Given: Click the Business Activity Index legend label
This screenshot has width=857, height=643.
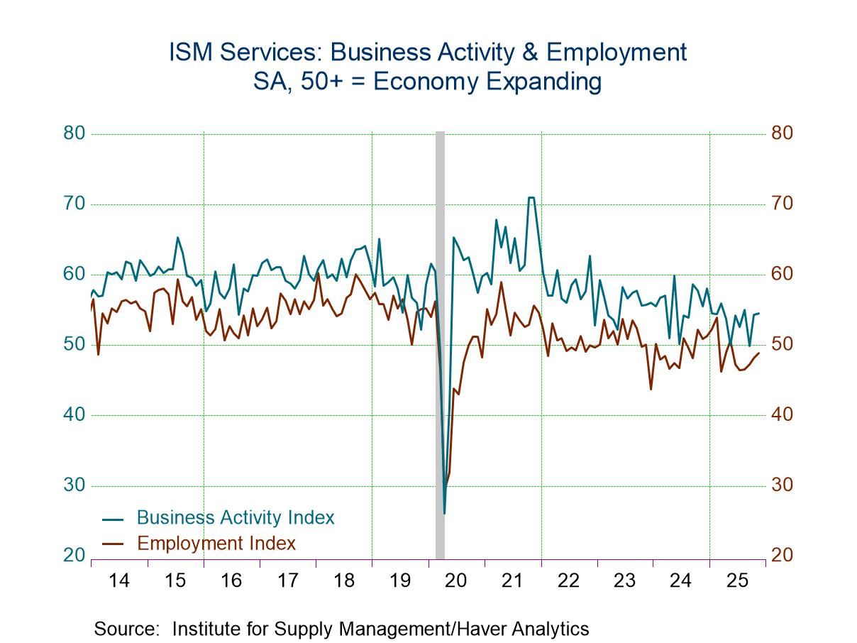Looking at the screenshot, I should click(x=235, y=517).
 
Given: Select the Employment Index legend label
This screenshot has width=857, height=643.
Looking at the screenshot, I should click(x=216, y=544).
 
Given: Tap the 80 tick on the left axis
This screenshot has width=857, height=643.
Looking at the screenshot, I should click(x=74, y=133).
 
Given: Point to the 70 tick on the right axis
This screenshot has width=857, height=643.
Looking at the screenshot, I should click(x=783, y=204).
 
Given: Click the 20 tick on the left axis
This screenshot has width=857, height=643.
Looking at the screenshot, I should click(x=74, y=556).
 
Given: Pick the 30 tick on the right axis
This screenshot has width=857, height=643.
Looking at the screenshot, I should click(x=783, y=485).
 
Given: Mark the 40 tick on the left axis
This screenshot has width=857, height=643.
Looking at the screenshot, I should click(x=74, y=415).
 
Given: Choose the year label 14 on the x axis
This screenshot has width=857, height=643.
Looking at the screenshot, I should click(x=119, y=581).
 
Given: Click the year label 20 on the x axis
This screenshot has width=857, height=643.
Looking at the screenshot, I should click(x=456, y=581).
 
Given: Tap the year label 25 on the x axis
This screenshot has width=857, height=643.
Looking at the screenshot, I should click(x=737, y=581).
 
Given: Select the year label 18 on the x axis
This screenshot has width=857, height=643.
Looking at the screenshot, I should click(x=344, y=581).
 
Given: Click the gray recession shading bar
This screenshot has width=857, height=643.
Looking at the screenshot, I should click(x=440, y=341).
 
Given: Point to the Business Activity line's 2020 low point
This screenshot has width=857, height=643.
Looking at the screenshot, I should click(x=444, y=512).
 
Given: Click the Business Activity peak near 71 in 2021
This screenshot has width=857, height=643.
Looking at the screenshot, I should click(x=530, y=198).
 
